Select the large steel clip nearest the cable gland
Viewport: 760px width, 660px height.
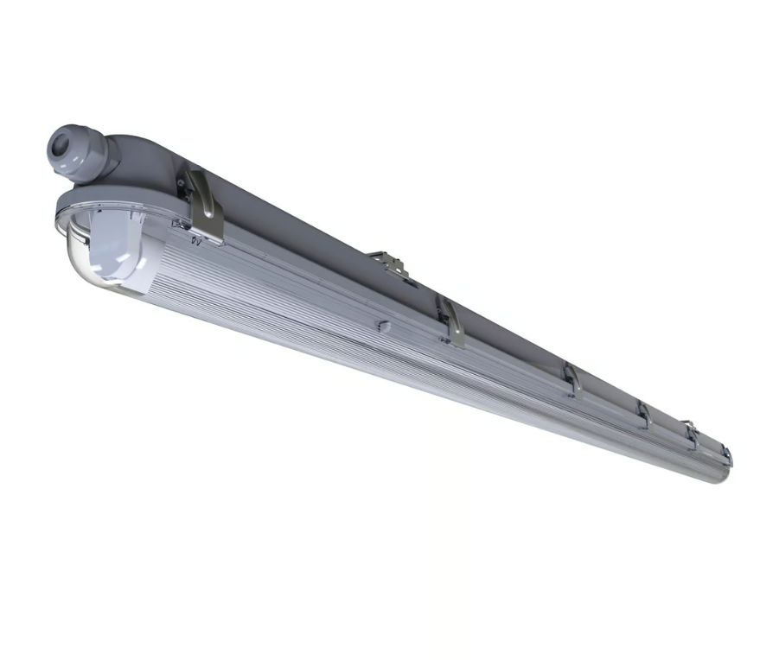204,206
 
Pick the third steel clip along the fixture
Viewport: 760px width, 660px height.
572,379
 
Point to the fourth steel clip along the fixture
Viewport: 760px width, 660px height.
644,414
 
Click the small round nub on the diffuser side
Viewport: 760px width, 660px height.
385,326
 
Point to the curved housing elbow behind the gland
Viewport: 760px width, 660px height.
130,151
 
